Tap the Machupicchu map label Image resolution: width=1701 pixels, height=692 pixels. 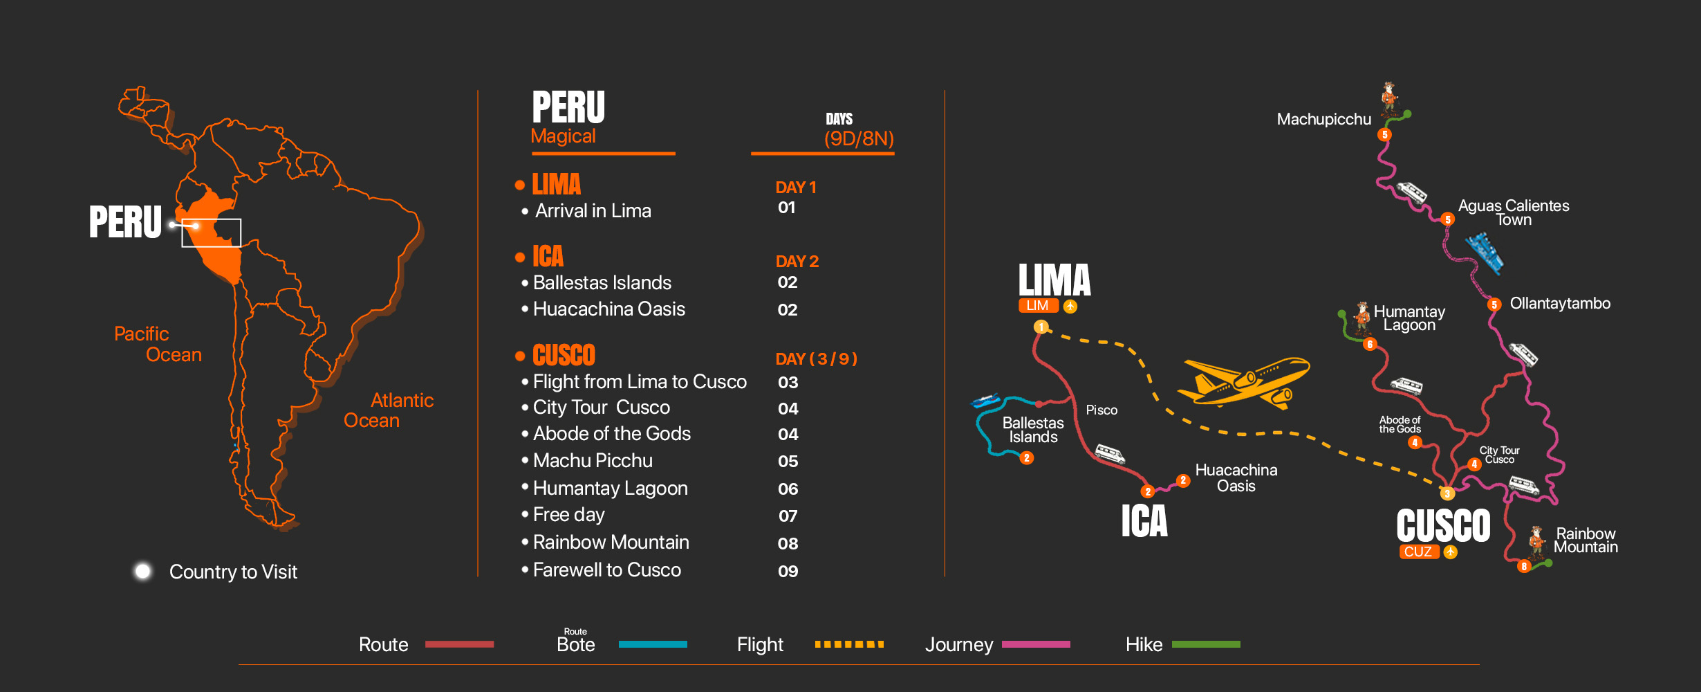(1323, 119)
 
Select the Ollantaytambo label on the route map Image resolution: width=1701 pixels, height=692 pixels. (1560, 303)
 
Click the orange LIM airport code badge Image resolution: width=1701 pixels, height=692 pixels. (1037, 306)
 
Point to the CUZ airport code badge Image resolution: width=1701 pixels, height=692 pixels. (1417, 552)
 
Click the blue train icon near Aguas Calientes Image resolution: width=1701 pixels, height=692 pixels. (1484, 253)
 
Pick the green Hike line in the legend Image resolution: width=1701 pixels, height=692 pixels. (1206, 644)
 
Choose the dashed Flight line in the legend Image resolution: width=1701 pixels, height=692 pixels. (849, 644)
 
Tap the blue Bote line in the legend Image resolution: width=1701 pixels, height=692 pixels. (653, 644)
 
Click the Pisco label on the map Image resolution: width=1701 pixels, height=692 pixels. (1102, 410)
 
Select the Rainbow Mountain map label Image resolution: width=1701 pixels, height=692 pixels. (1586, 540)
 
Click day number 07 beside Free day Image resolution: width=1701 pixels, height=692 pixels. (788, 516)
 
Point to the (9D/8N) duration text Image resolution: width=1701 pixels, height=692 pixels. (859, 138)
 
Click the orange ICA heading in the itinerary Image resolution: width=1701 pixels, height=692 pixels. (548, 257)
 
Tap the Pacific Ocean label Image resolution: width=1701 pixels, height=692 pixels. (158, 344)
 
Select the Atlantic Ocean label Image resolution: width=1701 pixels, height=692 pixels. (389, 410)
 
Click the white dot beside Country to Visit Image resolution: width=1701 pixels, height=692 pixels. (143, 571)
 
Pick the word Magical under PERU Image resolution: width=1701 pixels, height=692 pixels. (563, 136)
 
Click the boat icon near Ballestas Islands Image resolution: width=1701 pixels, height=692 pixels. (985, 400)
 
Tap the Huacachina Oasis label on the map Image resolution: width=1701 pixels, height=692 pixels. (1236, 478)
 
